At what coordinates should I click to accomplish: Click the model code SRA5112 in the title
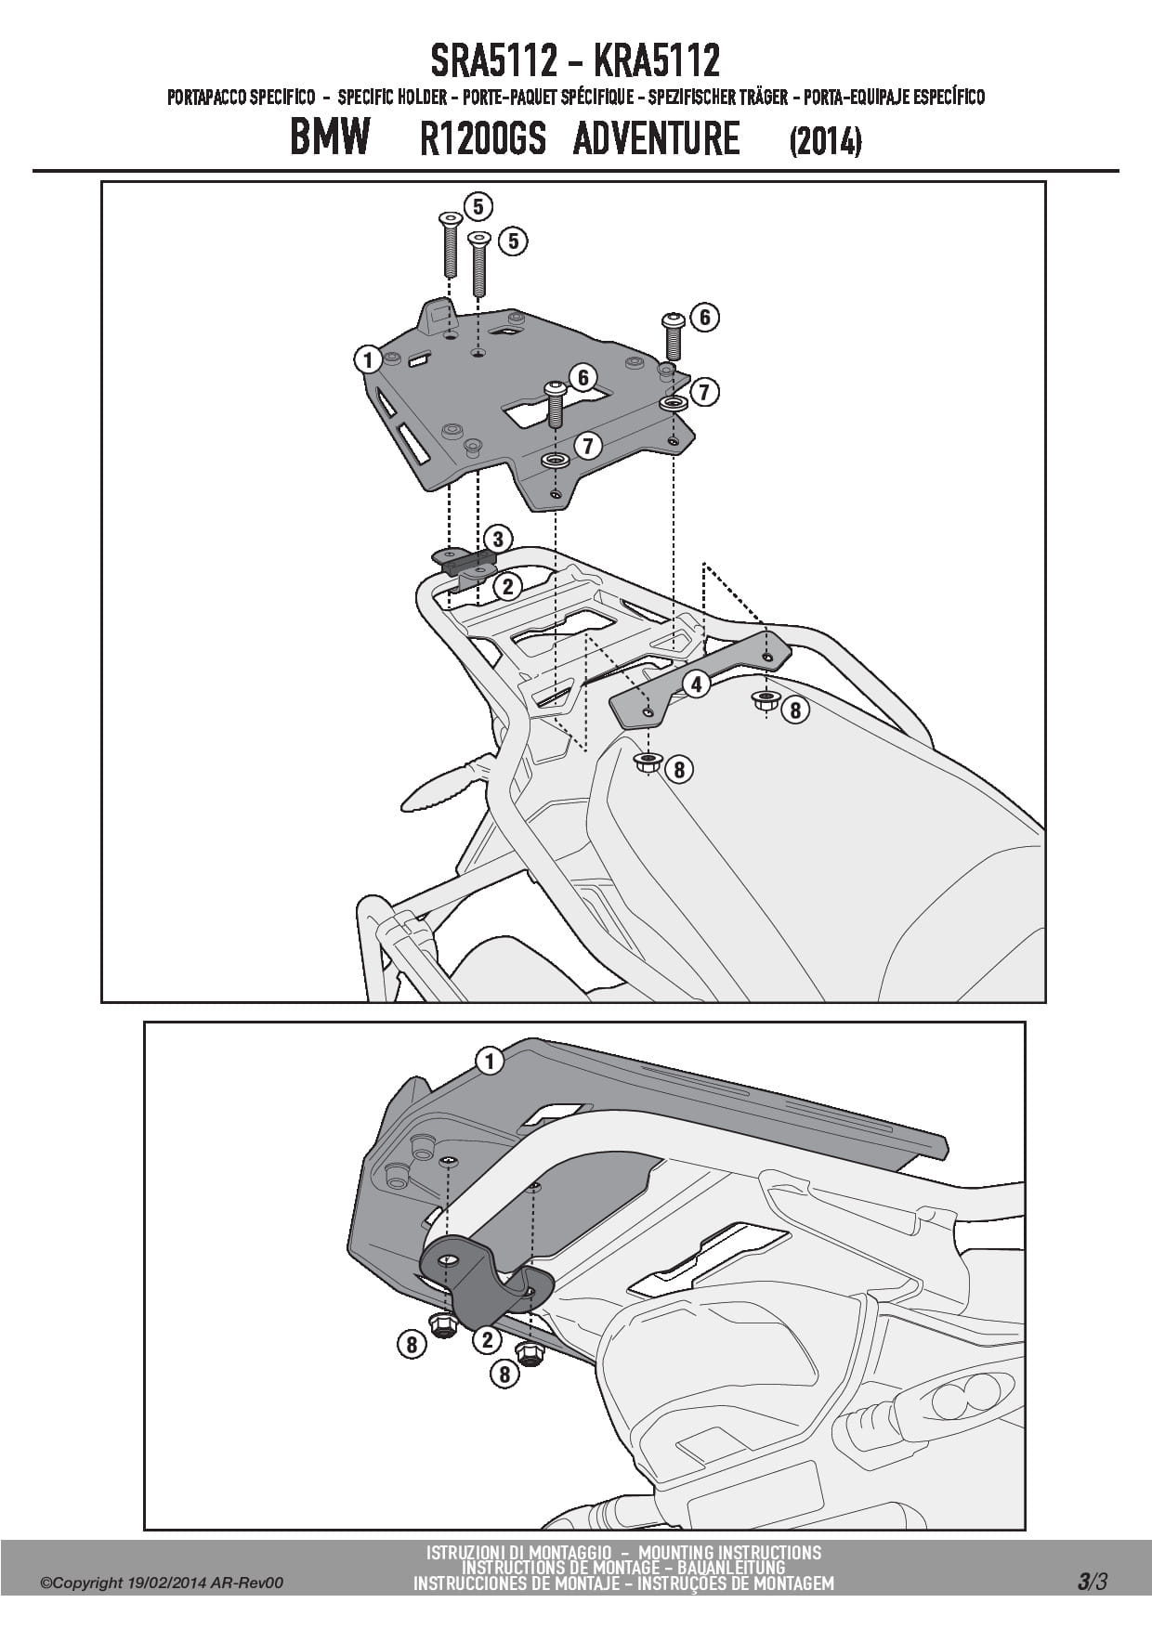pos(493,61)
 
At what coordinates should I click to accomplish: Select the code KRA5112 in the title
pos(656,61)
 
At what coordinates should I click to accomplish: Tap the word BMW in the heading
pos(330,137)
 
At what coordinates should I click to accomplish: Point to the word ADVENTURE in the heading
pos(656,138)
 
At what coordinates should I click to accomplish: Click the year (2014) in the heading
pos(825,142)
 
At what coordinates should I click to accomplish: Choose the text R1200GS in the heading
pos(481,139)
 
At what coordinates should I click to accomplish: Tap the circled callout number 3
pos(497,539)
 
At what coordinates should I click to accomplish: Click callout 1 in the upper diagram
pos(368,359)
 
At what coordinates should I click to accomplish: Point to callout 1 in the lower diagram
pos(489,1060)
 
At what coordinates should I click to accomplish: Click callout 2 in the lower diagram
pos(486,1339)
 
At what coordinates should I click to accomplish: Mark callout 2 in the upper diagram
pos(507,585)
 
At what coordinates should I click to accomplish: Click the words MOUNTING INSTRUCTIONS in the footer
pos(730,1552)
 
